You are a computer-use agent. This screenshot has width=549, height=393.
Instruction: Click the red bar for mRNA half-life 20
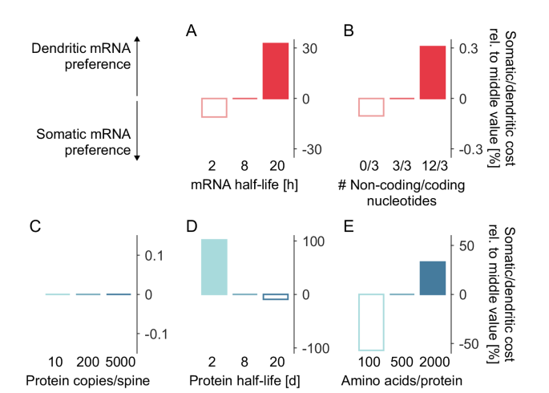[x=275, y=71]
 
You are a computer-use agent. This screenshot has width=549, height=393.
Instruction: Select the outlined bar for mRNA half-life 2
[x=215, y=107]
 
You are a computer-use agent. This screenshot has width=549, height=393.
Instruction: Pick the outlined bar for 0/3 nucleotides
[x=371, y=107]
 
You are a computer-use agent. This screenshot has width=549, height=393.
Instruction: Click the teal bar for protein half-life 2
[x=214, y=267]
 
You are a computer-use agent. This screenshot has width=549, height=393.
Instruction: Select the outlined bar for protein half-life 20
[x=275, y=297]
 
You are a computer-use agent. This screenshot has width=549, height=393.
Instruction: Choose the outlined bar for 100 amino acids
[x=371, y=322]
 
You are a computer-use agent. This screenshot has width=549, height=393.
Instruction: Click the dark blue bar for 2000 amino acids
[x=433, y=278]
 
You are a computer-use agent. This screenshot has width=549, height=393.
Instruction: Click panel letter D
[x=192, y=227]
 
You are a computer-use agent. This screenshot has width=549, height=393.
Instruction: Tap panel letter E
[x=349, y=227]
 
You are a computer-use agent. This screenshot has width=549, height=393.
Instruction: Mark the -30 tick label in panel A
[x=311, y=150]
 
